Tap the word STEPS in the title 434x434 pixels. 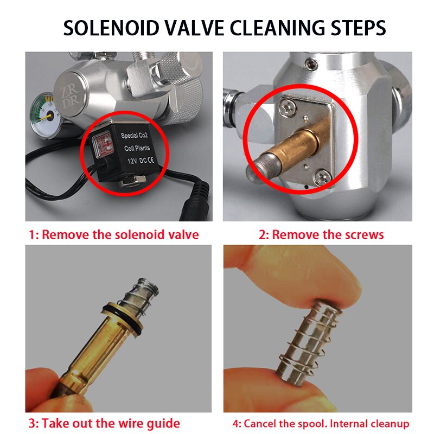(354, 28)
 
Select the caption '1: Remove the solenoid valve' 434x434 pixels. (114, 235)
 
